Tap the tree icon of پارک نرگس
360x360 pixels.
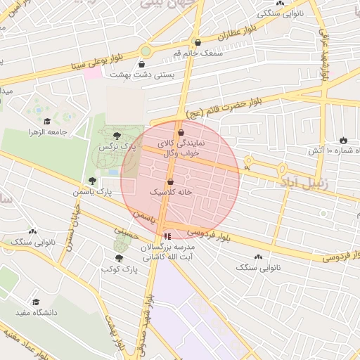tap(117, 136)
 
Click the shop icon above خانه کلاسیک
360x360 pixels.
tap(170, 181)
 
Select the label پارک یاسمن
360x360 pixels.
tap(94, 191)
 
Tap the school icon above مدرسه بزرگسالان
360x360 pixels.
tap(167, 236)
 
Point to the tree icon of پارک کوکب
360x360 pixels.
tap(118, 258)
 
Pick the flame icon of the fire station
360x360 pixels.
tap(343, 140)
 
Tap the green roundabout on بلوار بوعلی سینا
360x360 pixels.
tap(146, 51)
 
